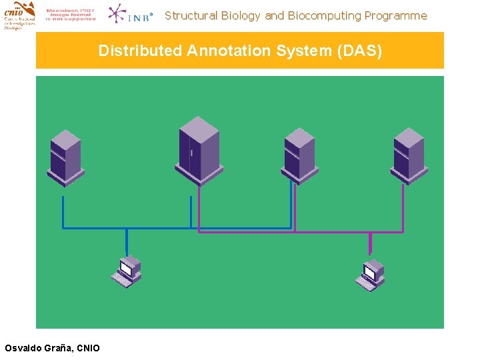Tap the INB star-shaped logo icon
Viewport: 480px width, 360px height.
[x=119, y=14]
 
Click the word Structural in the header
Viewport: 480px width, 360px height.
[x=190, y=15]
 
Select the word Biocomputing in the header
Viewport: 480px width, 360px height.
[x=324, y=15]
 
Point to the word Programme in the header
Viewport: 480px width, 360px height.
[x=395, y=15]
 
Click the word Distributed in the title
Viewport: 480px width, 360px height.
[x=140, y=51]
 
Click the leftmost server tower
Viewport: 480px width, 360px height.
[x=65, y=157]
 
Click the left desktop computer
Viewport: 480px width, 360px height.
[x=126, y=271]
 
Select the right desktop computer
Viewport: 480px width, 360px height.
[x=370, y=273]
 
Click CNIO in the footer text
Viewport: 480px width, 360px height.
[x=88, y=348]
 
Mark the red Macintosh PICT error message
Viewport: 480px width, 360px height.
[x=71, y=15]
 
